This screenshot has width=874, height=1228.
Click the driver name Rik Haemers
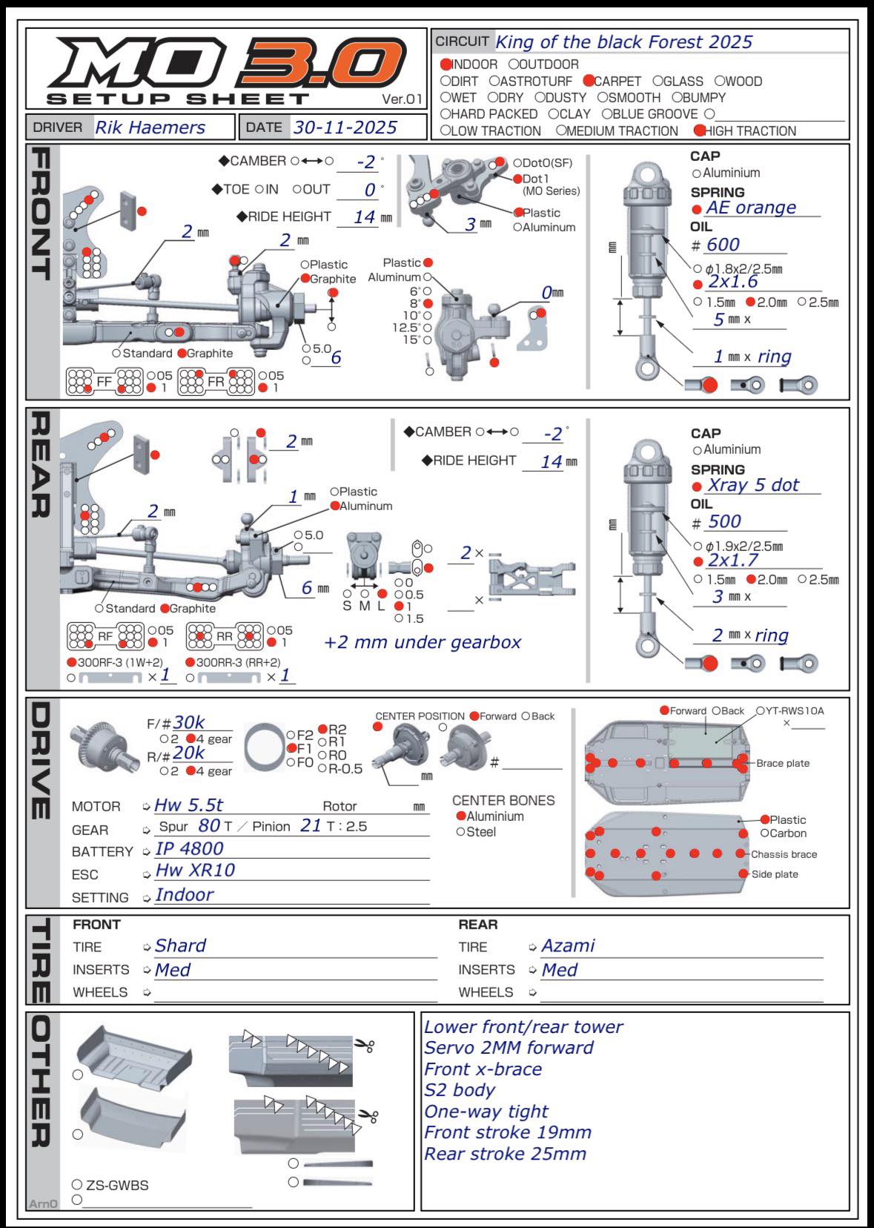(150, 128)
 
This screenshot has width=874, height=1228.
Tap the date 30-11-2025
(345, 128)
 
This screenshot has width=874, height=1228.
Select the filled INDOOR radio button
(446, 65)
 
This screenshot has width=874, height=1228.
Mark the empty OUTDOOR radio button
(514, 65)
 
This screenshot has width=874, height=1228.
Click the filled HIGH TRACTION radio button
(699, 131)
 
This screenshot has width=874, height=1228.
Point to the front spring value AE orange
(750, 208)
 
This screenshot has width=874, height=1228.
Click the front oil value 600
(723, 245)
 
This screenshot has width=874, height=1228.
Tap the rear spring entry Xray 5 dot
(752, 485)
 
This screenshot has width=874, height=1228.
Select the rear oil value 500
(724, 521)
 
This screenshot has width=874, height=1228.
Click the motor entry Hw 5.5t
(188, 805)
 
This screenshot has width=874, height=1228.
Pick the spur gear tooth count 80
(209, 825)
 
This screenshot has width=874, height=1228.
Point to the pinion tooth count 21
(311, 825)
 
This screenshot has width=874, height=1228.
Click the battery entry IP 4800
(189, 848)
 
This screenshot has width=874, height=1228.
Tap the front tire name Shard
(180, 945)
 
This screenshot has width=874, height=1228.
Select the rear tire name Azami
(568, 945)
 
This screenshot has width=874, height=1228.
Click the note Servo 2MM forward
(509, 1048)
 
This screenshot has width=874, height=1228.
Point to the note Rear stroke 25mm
(505, 1154)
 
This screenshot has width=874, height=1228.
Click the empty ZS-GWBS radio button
(77, 1184)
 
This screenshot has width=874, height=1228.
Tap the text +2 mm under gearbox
(423, 642)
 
